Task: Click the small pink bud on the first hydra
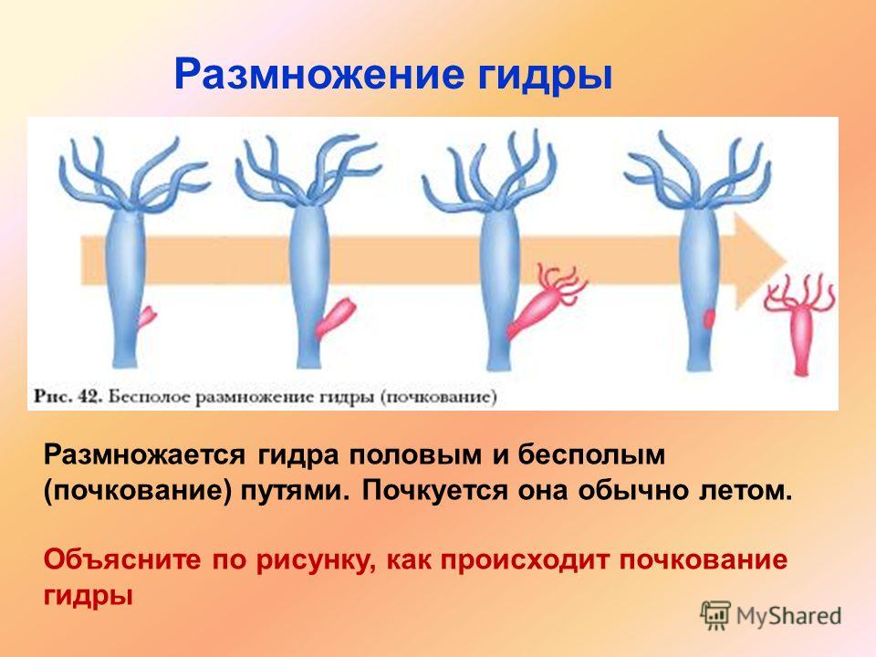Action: tap(147, 317)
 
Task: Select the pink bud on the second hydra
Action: tap(335, 319)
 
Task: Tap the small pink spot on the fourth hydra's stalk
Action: tap(709, 319)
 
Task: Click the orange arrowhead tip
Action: tap(787, 260)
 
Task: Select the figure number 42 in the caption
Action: tap(89, 397)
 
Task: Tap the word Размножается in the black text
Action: tap(145, 455)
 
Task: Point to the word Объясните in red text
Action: tap(122, 559)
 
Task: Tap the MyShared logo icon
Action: tap(715, 616)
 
